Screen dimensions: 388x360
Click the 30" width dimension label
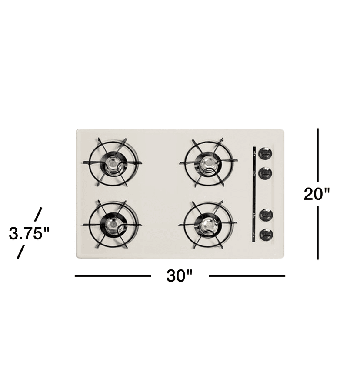[179, 275]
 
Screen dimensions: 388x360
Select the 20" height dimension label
[317, 193]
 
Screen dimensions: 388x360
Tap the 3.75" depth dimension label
[29, 233]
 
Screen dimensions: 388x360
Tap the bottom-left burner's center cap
[113, 224]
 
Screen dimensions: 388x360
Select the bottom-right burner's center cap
[208, 224]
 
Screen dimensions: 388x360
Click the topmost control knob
[265, 153]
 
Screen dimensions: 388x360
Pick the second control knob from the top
[265, 173]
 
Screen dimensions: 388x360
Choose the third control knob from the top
[266, 215]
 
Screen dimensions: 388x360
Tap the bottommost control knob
[266, 235]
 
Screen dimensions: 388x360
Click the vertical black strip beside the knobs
[253, 194]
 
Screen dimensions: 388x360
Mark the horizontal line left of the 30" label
[113, 275]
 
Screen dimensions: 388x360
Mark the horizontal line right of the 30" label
[247, 275]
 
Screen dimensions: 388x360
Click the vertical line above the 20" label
[317, 154]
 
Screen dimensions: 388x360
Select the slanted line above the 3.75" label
[38, 214]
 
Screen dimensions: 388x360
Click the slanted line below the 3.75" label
[20, 252]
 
